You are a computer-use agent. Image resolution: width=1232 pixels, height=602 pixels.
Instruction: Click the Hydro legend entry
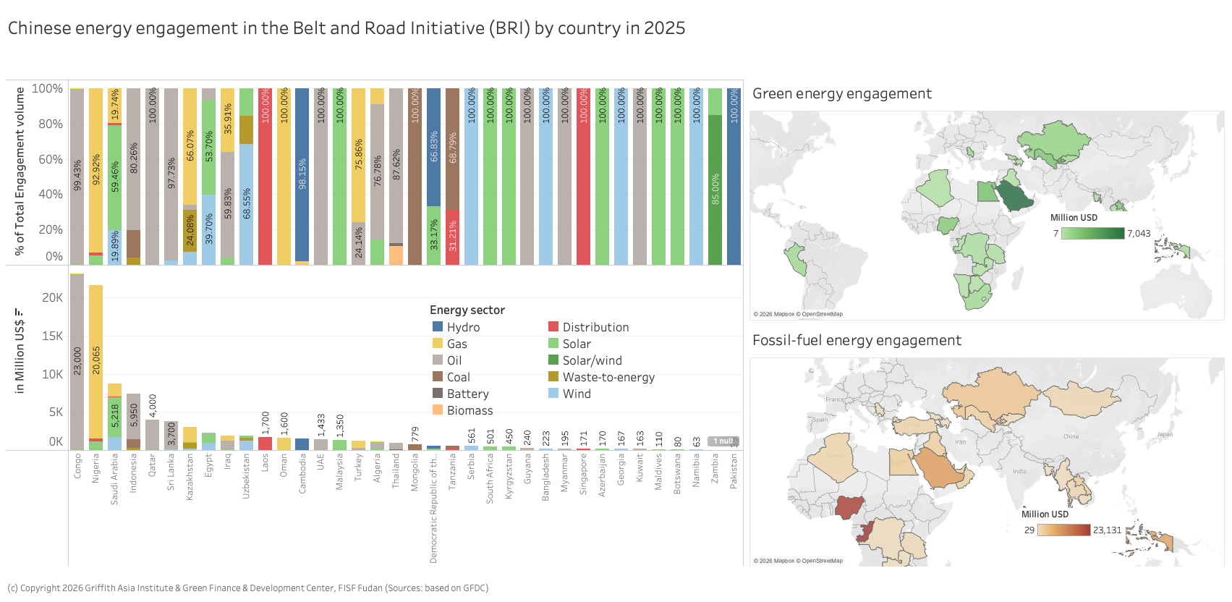463,327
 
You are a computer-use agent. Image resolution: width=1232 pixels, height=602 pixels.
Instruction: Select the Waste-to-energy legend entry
608,377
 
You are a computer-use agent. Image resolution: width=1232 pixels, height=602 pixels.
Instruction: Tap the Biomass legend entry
470,410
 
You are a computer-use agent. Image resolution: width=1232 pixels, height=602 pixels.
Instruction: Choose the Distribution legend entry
595,327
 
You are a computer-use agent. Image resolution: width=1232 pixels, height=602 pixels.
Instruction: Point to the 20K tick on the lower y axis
52,297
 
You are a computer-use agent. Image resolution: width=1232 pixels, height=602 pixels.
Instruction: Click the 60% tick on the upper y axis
51,159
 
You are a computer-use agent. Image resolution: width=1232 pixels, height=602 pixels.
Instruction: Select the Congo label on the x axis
77,466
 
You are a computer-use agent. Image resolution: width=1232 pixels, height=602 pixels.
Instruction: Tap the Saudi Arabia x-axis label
114,479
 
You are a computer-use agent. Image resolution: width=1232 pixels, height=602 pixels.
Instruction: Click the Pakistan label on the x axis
734,472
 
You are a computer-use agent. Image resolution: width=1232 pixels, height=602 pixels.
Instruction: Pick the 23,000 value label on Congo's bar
77,360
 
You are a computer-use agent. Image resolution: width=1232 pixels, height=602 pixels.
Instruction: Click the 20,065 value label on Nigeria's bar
96,360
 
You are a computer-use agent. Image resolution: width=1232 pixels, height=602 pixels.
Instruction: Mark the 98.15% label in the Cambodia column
302,174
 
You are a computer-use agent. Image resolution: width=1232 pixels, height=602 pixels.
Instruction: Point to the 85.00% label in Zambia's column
715,189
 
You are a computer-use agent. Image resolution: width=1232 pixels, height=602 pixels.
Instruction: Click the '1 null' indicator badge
723,441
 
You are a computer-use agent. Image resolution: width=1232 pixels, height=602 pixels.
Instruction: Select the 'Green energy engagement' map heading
842,93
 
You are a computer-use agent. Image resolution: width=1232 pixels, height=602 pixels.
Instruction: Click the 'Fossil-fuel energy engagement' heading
857,340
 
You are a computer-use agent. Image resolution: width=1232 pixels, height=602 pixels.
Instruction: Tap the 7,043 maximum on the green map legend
1139,233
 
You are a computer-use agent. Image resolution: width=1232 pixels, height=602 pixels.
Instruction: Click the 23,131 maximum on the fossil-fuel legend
1107,530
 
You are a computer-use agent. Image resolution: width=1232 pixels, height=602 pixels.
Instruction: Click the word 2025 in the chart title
664,28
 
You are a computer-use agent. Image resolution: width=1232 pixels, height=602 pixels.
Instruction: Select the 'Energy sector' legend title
467,310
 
